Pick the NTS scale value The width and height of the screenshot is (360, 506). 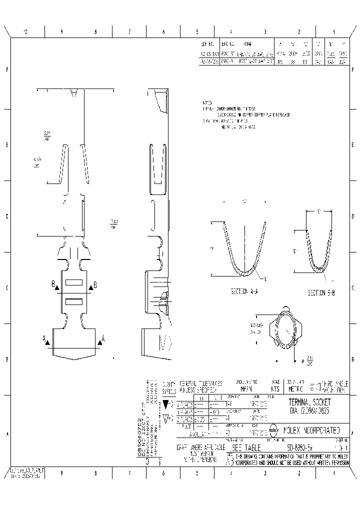tap(274, 388)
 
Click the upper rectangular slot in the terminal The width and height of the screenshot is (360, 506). tap(74, 282)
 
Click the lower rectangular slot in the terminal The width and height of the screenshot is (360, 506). tap(74, 300)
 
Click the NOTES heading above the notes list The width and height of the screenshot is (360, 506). tap(207, 101)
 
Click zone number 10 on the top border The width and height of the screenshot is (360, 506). tap(26, 32)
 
